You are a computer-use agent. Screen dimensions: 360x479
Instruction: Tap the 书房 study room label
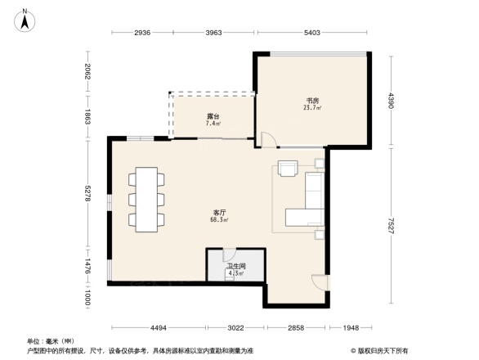311,101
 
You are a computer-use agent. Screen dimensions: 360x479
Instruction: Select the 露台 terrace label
212,116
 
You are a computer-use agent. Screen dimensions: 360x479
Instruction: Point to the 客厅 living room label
218,213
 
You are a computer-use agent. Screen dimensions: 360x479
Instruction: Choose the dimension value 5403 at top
311,33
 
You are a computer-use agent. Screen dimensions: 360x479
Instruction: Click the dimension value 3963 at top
213,33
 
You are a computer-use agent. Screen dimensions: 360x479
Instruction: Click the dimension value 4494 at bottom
158,328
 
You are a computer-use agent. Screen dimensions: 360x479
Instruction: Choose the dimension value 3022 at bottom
235,328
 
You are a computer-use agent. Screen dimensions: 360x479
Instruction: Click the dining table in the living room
147,199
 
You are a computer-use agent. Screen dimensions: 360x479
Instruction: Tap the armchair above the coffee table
288,169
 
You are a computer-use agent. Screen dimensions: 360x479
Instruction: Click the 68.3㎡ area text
219,220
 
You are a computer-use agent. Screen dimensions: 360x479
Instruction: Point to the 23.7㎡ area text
312,108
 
